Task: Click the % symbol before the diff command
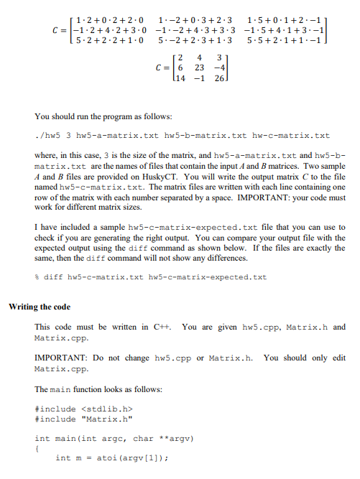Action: [x=37, y=277]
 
